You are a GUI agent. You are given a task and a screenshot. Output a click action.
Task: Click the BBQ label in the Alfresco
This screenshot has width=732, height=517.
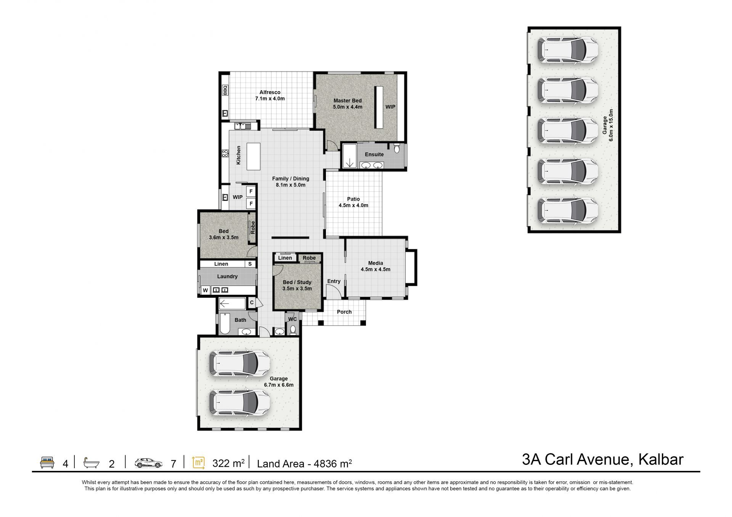[225, 90]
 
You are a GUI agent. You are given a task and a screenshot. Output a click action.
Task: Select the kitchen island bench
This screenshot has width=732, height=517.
[254, 156]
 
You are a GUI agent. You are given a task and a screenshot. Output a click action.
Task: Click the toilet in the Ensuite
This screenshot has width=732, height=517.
[397, 148]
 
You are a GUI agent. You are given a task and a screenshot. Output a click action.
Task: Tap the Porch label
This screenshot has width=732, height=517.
[344, 312]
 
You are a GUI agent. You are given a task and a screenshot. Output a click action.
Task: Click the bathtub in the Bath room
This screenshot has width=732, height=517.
[225, 324]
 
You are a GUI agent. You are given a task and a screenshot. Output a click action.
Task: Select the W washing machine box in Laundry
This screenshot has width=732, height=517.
[205, 291]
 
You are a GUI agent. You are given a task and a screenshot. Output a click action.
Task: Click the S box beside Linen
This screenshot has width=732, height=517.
[250, 264]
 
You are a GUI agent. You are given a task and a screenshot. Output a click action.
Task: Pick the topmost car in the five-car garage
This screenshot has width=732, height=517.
[568, 49]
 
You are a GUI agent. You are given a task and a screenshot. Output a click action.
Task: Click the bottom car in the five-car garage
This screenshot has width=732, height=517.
[568, 210]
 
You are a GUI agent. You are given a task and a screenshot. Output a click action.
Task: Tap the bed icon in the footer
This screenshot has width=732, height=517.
[47, 462]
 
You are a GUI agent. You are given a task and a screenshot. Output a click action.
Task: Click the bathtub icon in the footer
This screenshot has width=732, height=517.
[92, 462]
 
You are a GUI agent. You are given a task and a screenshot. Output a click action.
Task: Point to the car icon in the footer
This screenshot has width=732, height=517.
[149, 463]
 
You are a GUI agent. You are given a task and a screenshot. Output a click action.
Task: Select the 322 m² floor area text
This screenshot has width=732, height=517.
[228, 463]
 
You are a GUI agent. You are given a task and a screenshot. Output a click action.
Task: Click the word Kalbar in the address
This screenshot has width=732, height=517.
[661, 459]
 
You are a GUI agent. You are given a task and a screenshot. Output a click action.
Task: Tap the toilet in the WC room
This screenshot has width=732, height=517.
[293, 329]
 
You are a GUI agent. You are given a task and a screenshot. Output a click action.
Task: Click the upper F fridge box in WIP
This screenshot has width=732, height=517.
[251, 191]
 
